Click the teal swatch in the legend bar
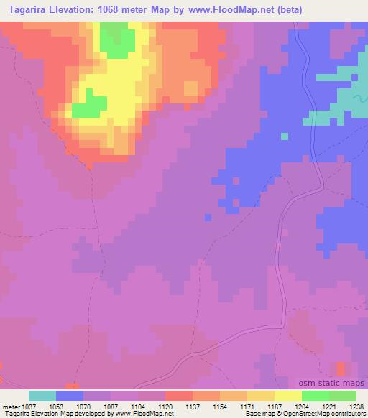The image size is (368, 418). [42, 396]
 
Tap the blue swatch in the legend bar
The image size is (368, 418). [70, 396]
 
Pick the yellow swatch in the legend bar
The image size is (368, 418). [287, 396]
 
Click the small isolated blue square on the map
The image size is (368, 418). [285, 136]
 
